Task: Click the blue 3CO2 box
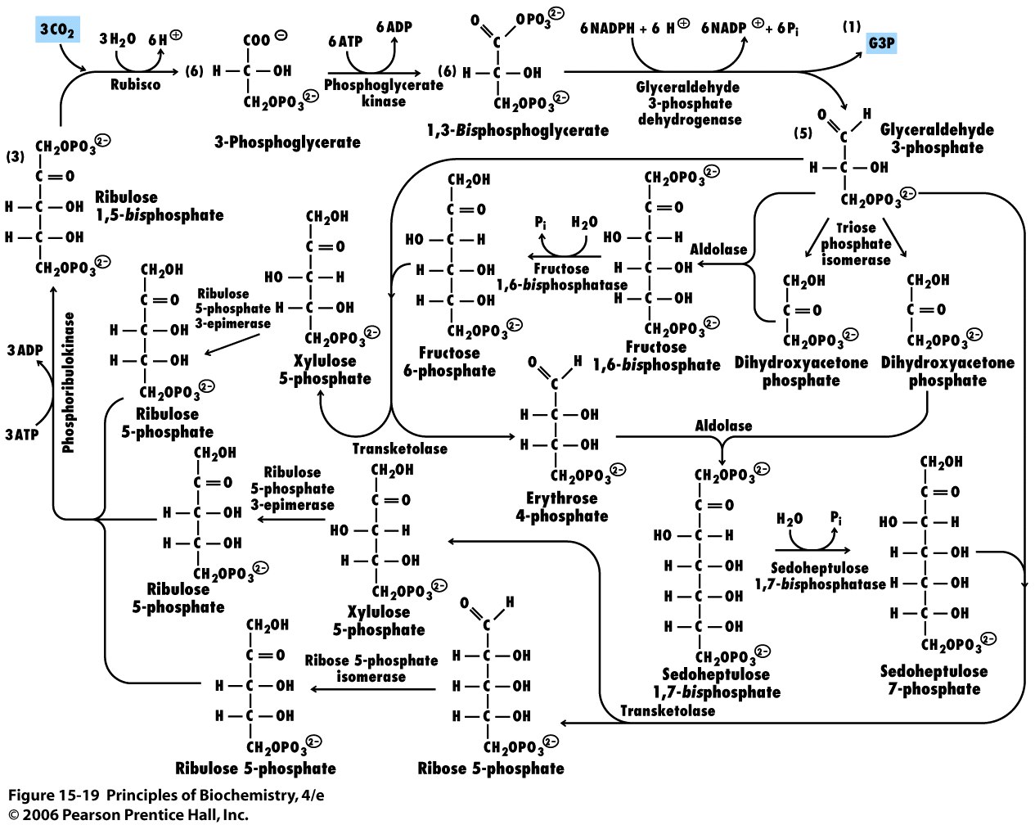pyautogui.click(x=57, y=31)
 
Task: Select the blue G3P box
pyautogui.click(x=881, y=42)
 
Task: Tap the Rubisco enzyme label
pyautogui.click(x=136, y=84)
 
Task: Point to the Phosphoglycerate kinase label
pyautogui.click(x=383, y=92)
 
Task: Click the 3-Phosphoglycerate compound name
pyautogui.click(x=287, y=142)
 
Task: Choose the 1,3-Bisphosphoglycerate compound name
pyautogui.click(x=517, y=131)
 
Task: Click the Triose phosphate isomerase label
pyautogui.click(x=856, y=244)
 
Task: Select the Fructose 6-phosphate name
pyautogui.click(x=449, y=362)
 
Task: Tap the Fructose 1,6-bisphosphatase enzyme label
pyautogui.click(x=561, y=277)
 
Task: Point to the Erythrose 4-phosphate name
pyautogui.click(x=562, y=507)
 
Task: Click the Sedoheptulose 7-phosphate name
pyautogui.click(x=934, y=680)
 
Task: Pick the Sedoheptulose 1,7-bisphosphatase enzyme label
pyautogui.click(x=820, y=576)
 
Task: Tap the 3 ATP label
pyautogui.click(x=22, y=435)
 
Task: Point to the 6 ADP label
pyautogui.click(x=394, y=27)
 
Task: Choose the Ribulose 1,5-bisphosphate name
pyautogui.click(x=159, y=206)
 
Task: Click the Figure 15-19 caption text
pyautogui.click(x=172, y=796)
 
